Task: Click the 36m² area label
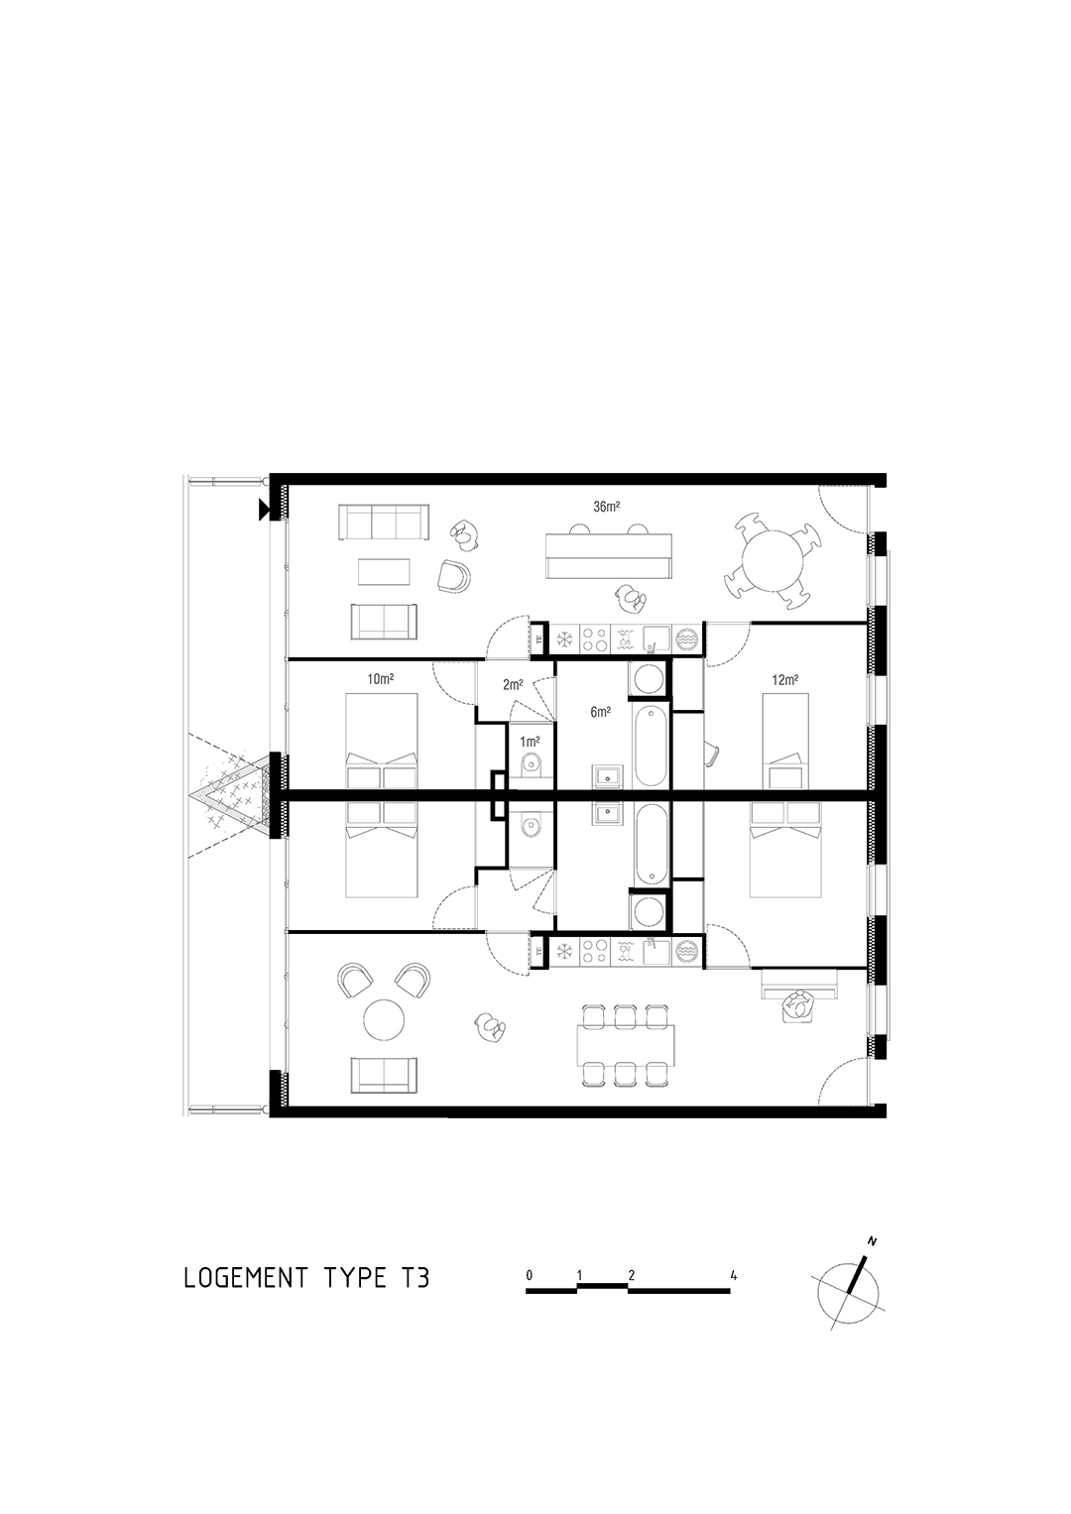point(606,507)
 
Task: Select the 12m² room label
point(784,679)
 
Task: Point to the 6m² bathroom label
point(601,712)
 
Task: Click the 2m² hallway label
point(512,685)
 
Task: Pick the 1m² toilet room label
point(530,742)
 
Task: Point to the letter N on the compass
point(872,1241)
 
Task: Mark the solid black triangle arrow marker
point(264,510)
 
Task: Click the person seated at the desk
point(798,1005)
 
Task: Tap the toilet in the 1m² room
point(531,763)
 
